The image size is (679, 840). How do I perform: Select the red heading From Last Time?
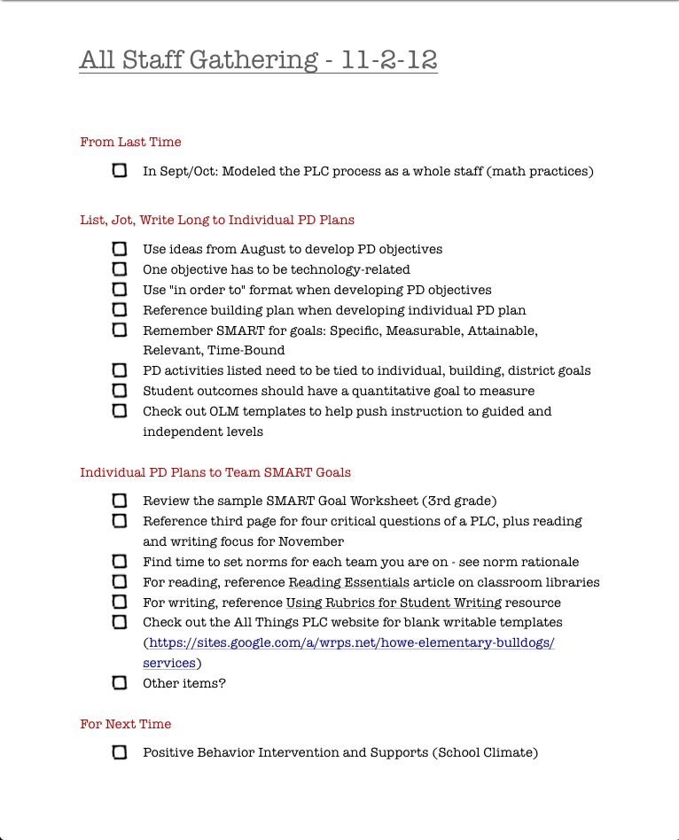[x=130, y=142]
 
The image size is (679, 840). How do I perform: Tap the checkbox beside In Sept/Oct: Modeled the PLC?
[x=120, y=171]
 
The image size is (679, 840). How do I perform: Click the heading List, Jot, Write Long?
[x=217, y=220]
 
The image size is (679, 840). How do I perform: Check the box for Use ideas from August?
[x=120, y=249]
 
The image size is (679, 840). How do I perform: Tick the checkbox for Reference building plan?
[x=120, y=310]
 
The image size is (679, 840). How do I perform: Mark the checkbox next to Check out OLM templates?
[x=120, y=411]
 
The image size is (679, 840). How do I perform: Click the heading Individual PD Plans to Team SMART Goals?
[x=215, y=472]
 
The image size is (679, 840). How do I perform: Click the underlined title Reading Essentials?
[x=349, y=582]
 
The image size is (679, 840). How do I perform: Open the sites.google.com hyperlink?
[x=351, y=643]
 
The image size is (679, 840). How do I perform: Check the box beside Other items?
[x=120, y=683]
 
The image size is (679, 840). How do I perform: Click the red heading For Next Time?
[x=126, y=724]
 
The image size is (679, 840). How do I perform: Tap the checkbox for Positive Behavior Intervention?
[x=120, y=752]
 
